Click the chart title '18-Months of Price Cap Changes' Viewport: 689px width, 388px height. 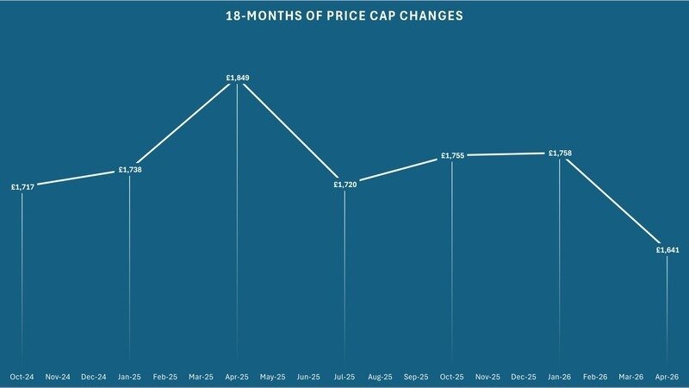(x=344, y=16)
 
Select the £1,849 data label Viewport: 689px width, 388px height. (x=237, y=78)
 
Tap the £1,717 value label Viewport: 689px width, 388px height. (x=22, y=186)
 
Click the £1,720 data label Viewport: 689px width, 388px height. (x=344, y=185)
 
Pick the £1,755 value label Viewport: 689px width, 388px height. (x=452, y=156)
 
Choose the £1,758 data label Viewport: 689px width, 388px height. (x=560, y=153)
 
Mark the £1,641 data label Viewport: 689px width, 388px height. (x=667, y=250)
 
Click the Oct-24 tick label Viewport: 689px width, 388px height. (x=22, y=377)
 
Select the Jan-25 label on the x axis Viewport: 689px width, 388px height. (x=129, y=377)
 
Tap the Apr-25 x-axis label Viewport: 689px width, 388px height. (x=237, y=377)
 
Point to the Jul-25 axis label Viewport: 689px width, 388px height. (x=344, y=377)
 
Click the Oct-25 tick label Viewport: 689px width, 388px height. (x=452, y=377)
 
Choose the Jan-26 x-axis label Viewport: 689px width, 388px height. (x=560, y=377)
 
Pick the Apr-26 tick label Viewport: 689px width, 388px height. (x=667, y=377)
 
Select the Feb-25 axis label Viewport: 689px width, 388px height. (x=165, y=377)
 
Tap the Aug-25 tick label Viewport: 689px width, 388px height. (x=381, y=377)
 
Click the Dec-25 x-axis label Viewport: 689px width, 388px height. (x=524, y=377)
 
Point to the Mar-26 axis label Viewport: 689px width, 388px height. (x=631, y=377)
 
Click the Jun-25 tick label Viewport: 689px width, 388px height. (x=308, y=377)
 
